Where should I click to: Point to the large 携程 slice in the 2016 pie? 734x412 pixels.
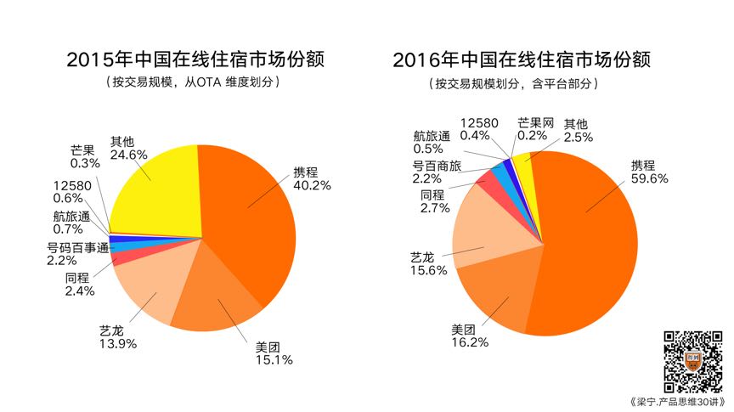586,246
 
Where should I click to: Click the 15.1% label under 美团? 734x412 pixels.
274,360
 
